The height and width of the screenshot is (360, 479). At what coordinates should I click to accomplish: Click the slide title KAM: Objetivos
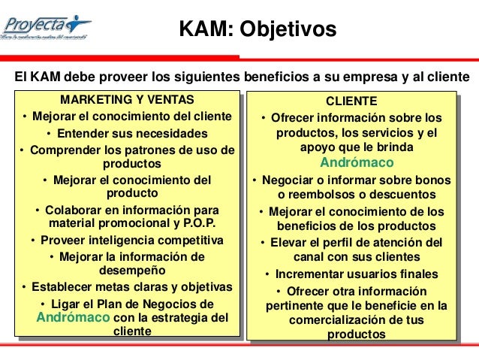click(x=258, y=29)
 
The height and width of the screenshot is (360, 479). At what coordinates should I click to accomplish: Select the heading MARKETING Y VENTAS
click(x=126, y=100)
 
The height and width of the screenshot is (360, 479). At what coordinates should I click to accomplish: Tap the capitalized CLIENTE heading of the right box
click(x=351, y=101)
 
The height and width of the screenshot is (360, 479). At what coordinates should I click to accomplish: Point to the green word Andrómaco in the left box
click(x=72, y=317)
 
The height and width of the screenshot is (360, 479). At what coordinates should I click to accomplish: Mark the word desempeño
click(x=126, y=270)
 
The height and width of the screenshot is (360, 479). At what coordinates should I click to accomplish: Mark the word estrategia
click(x=177, y=317)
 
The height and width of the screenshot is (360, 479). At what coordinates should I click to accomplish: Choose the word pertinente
click(x=294, y=305)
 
